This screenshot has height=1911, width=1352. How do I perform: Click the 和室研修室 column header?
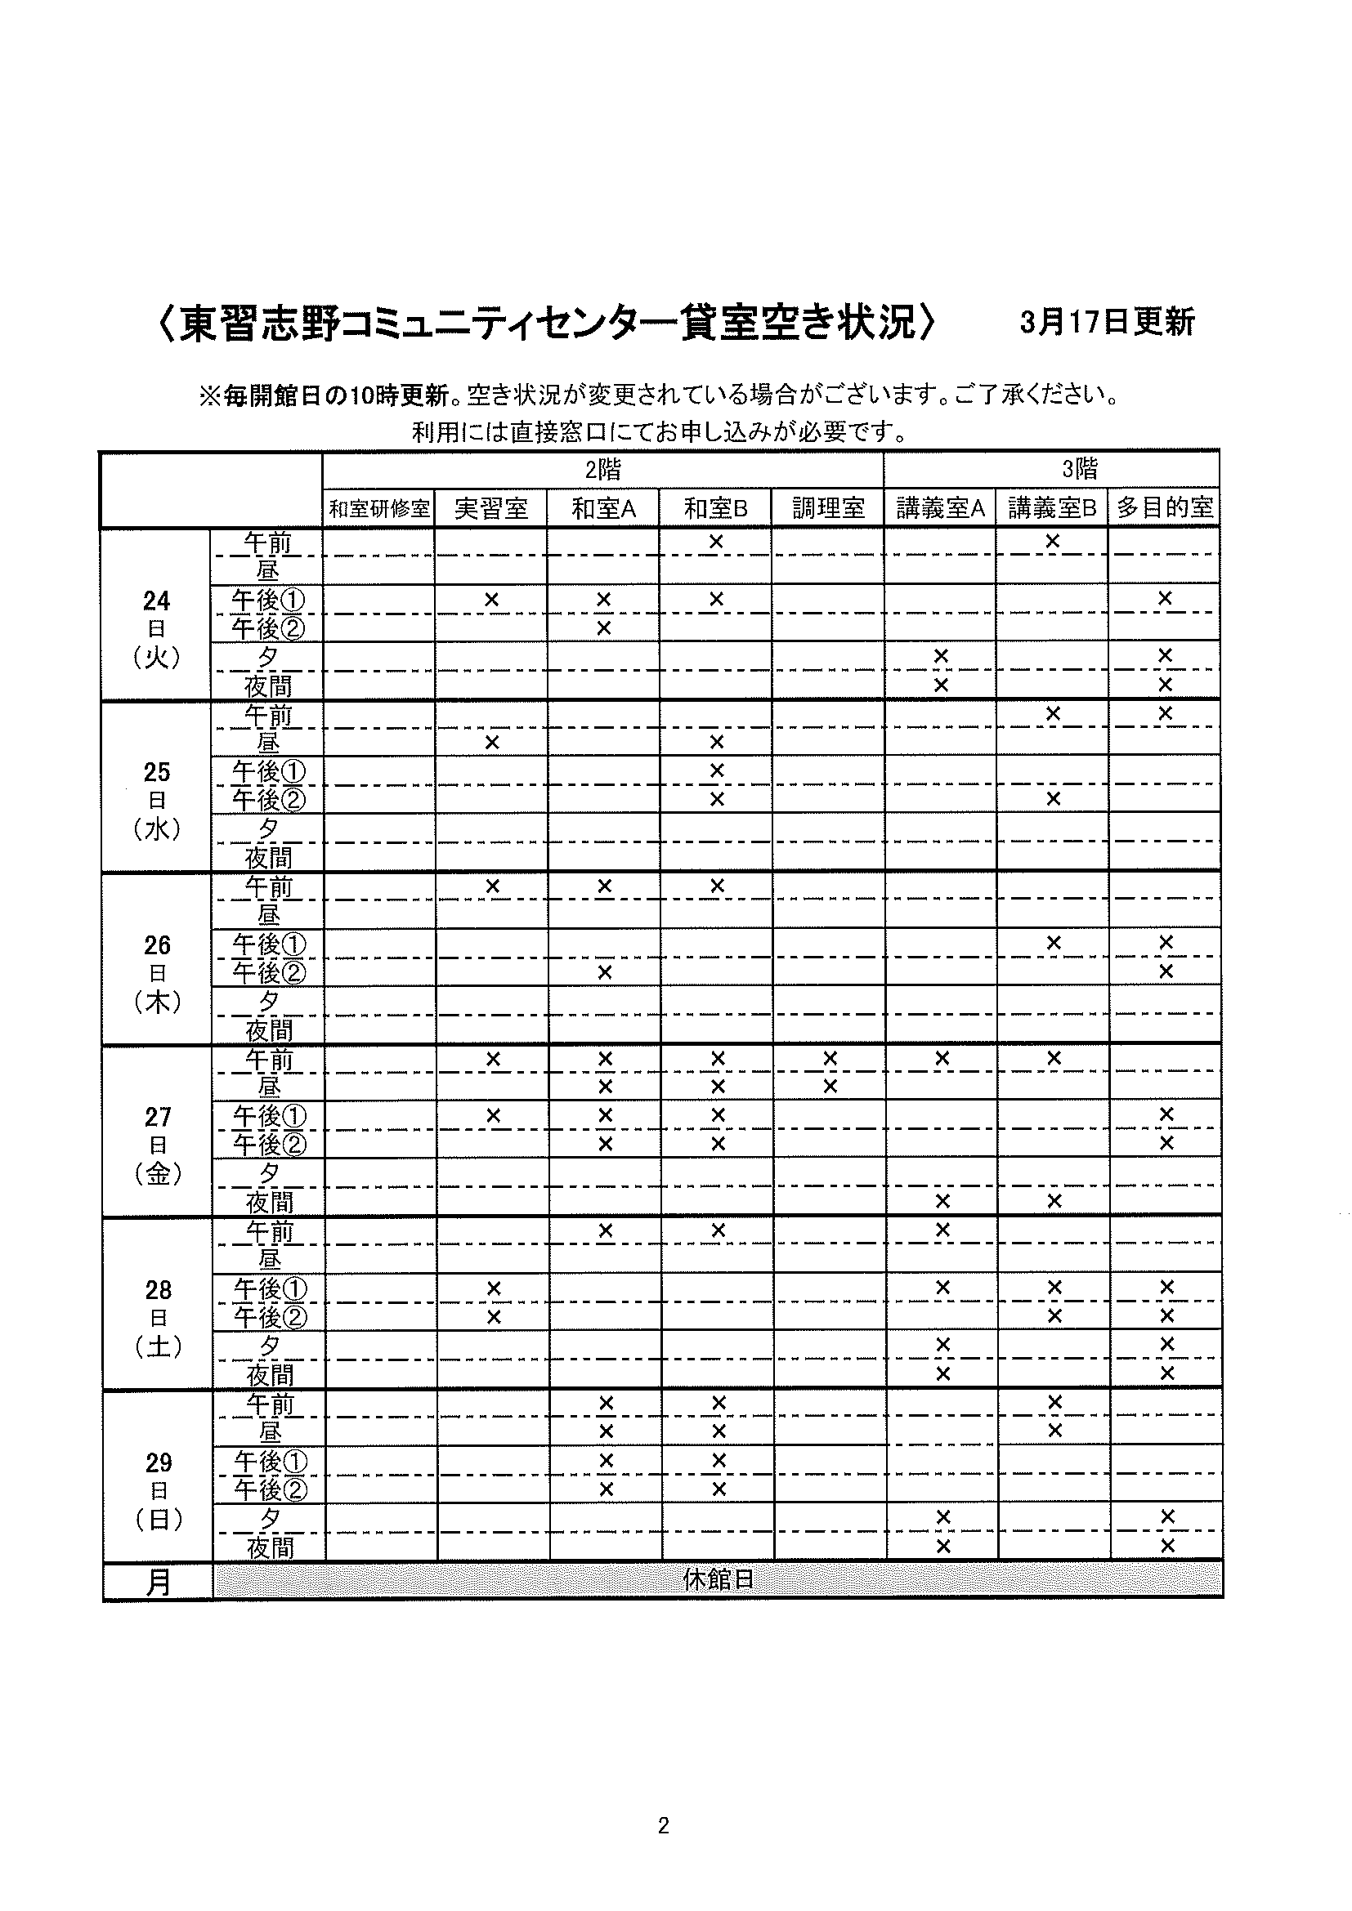pyautogui.click(x=378, y=508)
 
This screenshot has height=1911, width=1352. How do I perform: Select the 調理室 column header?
pyautogui.click(x=828, y=508)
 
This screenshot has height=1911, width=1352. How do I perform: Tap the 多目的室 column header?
pyautogui.click(x=1165, y=507)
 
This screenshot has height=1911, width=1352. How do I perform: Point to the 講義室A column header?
pyautogui.click(x=940, y=508)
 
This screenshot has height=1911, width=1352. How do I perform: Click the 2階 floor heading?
pyautogui.click(x=602, y=471)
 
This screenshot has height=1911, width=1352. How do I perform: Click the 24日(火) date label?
pyautogui.click(x=156, y=629)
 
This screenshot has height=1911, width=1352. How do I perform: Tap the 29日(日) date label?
pyautogui.click(x=159, y=1491)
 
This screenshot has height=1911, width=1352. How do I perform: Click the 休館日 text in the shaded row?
pyautogui.click(x=718, y=1580)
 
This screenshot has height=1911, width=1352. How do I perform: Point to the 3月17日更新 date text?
pyautogui.click(x=1108, y=322)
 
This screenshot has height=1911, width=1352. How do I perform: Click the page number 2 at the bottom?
pyautogui.click(x=664, y=1826)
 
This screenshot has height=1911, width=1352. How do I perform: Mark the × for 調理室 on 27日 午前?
pyautogui.click(x=830, y=1058)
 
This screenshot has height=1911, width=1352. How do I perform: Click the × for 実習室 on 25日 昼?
pyautogui.click(x=492, y=742)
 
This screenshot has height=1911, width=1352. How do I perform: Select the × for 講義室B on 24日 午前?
pyautogui.click(x=1052, y=541)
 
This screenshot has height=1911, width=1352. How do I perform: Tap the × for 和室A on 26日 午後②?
pyautogui.click(x=605, y=972)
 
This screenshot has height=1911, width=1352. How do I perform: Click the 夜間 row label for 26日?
pyautogui.click(x=269, y=1030)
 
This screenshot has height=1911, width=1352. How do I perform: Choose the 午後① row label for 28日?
pyautogui.click(x=270, y=1289)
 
